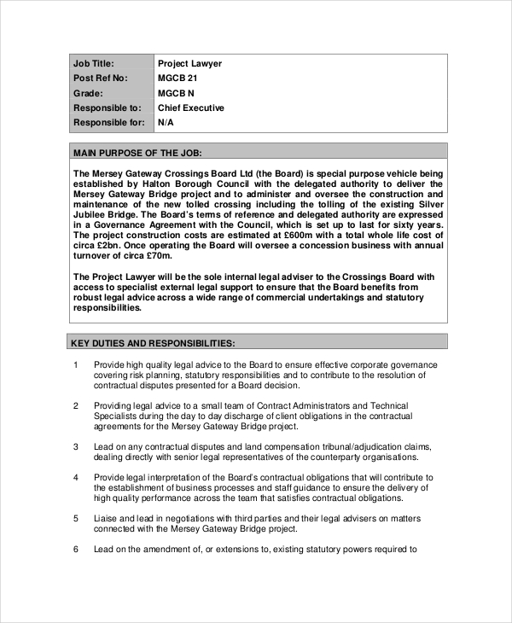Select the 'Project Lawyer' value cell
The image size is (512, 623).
[x=189, y=63]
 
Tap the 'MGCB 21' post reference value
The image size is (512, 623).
[x=178, y=79]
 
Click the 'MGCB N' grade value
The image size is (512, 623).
[x=177, y=93]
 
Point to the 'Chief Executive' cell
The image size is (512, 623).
[x=191, y=108]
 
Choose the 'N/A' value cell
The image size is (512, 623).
[x=166, y=123]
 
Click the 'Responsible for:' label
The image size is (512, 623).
[x=108, y=123]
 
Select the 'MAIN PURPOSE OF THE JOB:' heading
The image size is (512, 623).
[x=137, y=153]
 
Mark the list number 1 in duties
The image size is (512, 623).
[x=76, y=365]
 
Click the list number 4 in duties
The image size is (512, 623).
[x=76, y=477]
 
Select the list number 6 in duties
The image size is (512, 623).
[x=76, y=549]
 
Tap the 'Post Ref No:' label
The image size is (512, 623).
[x=100, y=79]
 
